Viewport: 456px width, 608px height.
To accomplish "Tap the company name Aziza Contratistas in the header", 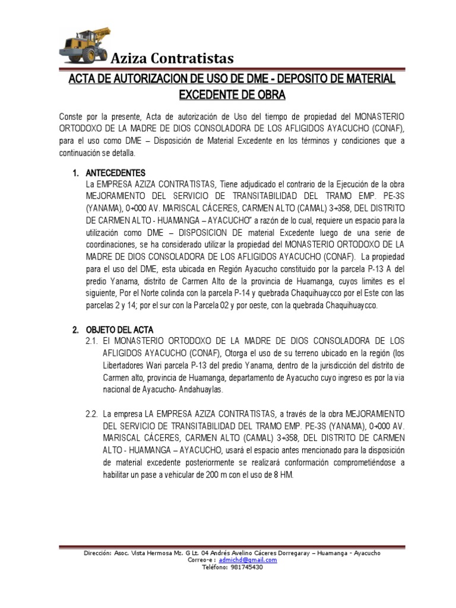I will [x=173, y=58].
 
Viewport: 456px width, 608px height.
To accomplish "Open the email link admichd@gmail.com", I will [x=248, y=559].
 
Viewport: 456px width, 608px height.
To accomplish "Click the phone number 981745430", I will [x=241, y=566].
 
